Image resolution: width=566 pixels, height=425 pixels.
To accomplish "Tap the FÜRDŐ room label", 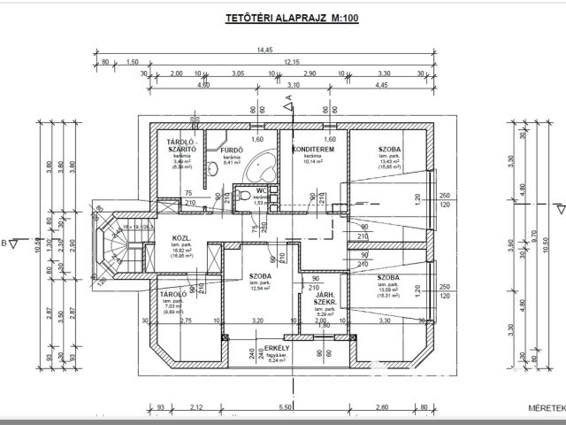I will tap(232, 151).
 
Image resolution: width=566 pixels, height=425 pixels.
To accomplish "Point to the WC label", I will tap(261, 190).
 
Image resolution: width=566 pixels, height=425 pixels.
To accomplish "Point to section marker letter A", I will tap(289, 96).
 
